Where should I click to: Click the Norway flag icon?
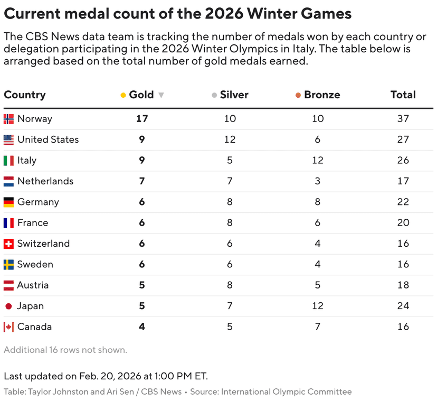click(8, 119)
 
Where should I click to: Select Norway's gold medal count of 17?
click(141, 119)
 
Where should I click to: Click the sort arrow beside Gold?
click(161, 95)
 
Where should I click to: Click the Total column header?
click(403, 95)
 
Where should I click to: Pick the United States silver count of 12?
click(230, 139)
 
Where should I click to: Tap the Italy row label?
click(27, 160)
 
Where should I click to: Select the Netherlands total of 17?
click(403, 181)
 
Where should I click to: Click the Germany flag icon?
click(8, 202)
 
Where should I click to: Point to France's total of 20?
click(403, 223)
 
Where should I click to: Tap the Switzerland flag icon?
click(8, 244)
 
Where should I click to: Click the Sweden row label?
click(35, 264)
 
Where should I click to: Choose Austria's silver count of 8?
click(230, 285)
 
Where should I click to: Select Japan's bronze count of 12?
click(318, 306)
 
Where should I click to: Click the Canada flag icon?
click(8, 327)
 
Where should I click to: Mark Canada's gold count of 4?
click(141, 327)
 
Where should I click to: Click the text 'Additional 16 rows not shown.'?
click(65, 350)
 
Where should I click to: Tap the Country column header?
click(25, 95)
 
